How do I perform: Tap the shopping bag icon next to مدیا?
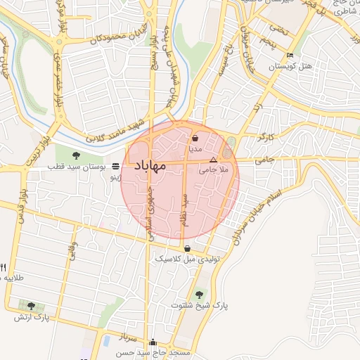point(194,139)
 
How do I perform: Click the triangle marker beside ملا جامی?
point(214,160)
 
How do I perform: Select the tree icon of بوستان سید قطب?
point(77,156)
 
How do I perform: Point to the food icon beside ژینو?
point(115,167)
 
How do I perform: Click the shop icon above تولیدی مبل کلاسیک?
point(187,248)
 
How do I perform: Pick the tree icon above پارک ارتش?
point(31,306)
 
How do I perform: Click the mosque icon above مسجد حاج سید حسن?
point(153,342)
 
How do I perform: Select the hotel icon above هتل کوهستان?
point(290,56)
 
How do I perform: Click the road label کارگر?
point(266,136)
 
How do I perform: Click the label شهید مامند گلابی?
point(112,131)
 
